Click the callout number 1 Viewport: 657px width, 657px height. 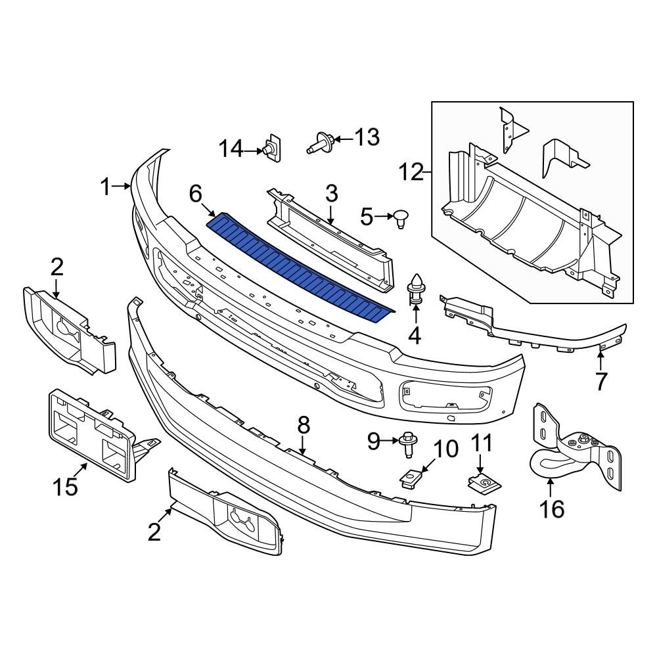click(x=106, y=187)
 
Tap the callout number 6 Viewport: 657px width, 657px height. click(x=196, y=194)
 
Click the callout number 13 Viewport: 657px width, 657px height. click(x=366, y=137)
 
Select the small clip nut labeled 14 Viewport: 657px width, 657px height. click(x=271, y=148)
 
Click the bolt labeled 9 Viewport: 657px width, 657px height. click(x=405, y=443)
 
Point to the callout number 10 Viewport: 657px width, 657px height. click(x=446, y=449)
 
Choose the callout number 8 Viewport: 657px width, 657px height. click(x=303, y=426)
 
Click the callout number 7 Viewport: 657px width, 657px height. click(x=601, y=381)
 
